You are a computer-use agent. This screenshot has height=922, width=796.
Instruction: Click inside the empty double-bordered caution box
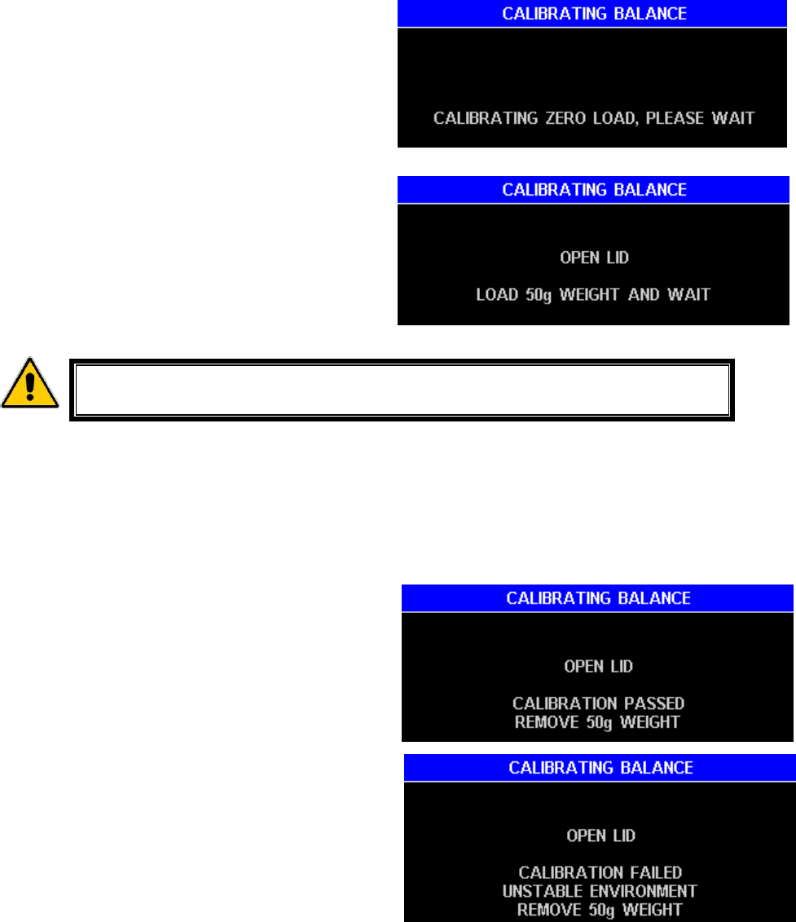pos(402,388)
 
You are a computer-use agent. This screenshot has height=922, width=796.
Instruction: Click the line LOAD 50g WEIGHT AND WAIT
pos(593,294)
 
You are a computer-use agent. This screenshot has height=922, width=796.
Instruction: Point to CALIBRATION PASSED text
pos(598,703)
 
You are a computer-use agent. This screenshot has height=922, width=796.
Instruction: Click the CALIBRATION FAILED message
pos(600,873)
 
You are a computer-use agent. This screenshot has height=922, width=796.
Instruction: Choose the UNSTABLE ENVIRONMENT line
pos(600,891)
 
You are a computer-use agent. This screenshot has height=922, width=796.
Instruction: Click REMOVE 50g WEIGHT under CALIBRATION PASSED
pos(598,721)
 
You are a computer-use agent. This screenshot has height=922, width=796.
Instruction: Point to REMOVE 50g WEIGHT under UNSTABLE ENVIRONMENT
pos(600,909)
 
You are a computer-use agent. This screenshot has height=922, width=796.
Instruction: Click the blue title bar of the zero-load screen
pos(592,14)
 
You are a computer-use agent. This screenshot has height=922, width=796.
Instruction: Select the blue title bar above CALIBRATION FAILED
pos(600,767)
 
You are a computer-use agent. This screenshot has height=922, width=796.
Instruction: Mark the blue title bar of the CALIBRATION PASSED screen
pos(598,598)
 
